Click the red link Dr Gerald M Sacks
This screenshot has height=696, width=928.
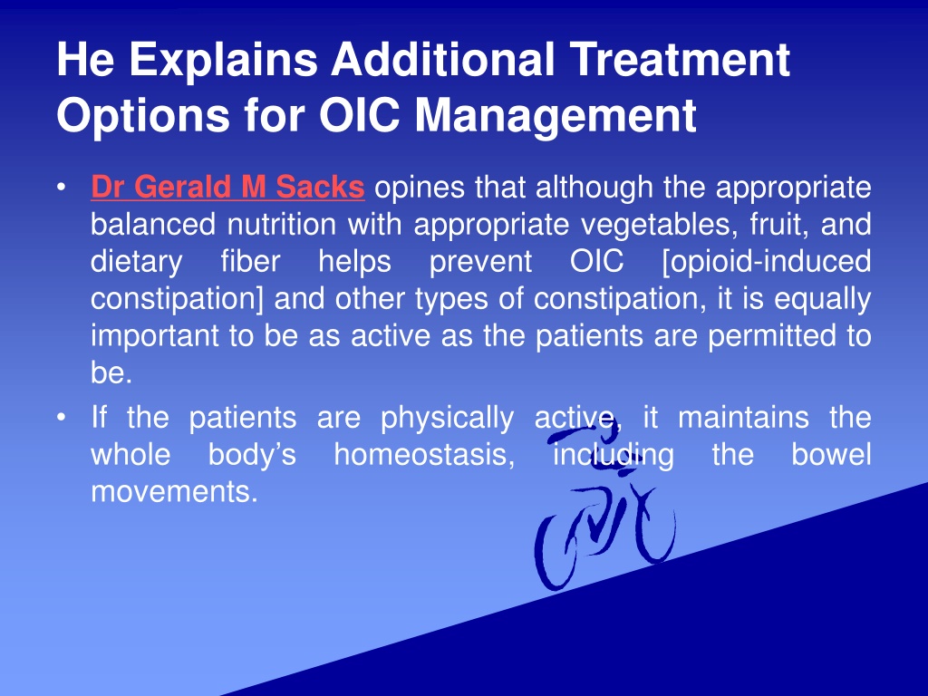click(227, 187)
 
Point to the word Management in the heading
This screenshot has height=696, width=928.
click(556, 116)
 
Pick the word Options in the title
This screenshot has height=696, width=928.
click(143, 116)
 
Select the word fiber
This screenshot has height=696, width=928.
click(250, 260)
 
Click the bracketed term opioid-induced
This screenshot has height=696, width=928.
click(767, 262)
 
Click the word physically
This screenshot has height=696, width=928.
click(448, 419)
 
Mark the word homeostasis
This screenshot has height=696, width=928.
click(424, 455)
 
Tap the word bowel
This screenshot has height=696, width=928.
click(832, 455)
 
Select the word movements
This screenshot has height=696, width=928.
click(175, 492)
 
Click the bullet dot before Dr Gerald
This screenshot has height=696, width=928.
click(61, 188)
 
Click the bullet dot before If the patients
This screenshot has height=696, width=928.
click(61, 418)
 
